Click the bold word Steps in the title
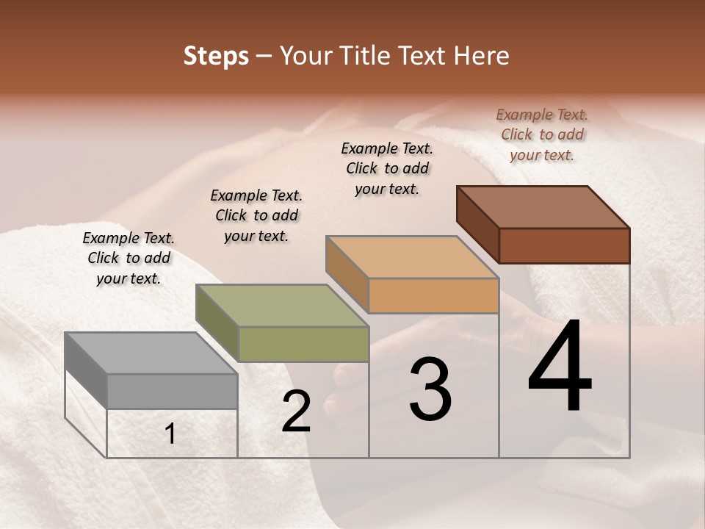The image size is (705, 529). pos(216,56)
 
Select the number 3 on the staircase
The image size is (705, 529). pos(430,389)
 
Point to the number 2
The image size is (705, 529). pos(297,411)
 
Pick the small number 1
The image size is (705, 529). pos(170,434)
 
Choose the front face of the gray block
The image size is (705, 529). pos(172,391)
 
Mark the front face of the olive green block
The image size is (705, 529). pos(303,344)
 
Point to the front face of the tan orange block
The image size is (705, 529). pos(433,295)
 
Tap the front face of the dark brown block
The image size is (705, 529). pos(564,245)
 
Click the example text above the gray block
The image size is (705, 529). pos(129,258)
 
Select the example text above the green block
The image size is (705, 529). pos(256,215)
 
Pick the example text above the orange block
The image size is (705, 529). pos(387,168)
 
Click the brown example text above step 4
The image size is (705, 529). pos(542,134)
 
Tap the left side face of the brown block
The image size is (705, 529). pos(477,224)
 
